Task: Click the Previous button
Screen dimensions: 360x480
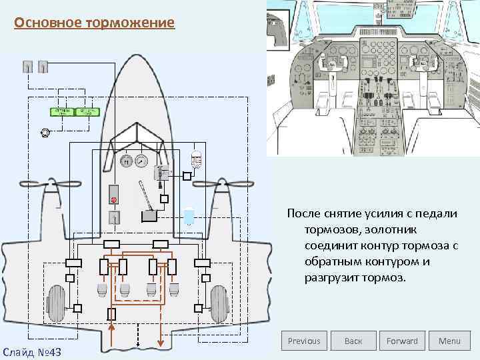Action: pos(304,341)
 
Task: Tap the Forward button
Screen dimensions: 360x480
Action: pos(402,341)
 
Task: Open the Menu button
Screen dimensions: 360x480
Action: pos(449,341)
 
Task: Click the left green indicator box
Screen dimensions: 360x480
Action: pos(62,111)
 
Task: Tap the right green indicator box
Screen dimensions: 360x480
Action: pos(85,111)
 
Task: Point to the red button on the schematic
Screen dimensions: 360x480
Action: pos(113,199)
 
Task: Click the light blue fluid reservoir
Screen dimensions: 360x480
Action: pos(189,217)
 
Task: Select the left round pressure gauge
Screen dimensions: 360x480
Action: pos(125,161)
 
